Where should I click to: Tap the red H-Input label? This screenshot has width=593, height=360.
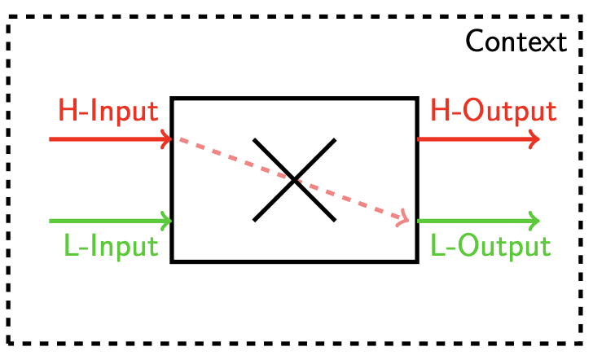point(108,111)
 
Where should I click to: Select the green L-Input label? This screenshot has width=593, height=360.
point(110,245)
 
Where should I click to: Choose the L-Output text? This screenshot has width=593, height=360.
point(490,245)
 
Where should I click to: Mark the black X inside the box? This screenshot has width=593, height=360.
point(294,180)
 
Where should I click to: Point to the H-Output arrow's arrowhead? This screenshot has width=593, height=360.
point(534,139)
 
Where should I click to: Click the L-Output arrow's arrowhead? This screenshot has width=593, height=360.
point(534,221)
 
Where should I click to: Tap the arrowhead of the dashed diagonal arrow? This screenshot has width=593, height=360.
point(402,217)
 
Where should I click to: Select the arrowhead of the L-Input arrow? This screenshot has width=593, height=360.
point(166,221)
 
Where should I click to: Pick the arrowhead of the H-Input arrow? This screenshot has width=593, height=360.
point(166,139)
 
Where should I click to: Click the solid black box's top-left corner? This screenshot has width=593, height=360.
point(172,99)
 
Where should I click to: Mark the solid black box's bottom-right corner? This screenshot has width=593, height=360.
point(416,261)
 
